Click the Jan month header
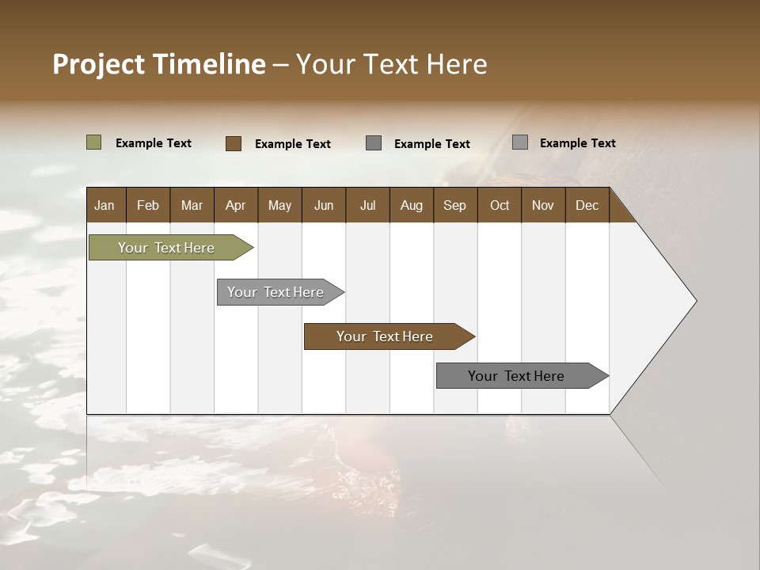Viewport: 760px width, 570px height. click(x=105, y=205)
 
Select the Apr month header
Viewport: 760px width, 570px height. click(x=236, y=205)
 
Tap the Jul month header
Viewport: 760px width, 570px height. click(x=367, y=205)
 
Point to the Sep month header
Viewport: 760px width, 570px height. click(x=454, y=205)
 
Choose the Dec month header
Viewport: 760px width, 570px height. click(x=587, y=205)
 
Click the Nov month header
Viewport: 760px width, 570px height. click(x=543, y=205)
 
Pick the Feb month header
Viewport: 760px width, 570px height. click(x=148, y=205)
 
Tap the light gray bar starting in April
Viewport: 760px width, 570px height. click(x=276, y=292)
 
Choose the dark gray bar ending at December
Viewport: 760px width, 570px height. click(x=517, y=376)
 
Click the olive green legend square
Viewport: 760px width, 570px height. click(x=93, y=142)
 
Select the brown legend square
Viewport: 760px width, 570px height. click(x=233, y=143)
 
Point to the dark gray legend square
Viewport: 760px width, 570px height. click(x=374, y=143)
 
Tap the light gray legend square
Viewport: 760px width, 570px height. click(x=519, y=142)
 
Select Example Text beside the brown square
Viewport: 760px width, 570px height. click(x=292, y=144)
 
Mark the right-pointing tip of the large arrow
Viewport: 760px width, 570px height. click(x=694, y=301)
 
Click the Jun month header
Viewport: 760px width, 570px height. click(x=324, y=205)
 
